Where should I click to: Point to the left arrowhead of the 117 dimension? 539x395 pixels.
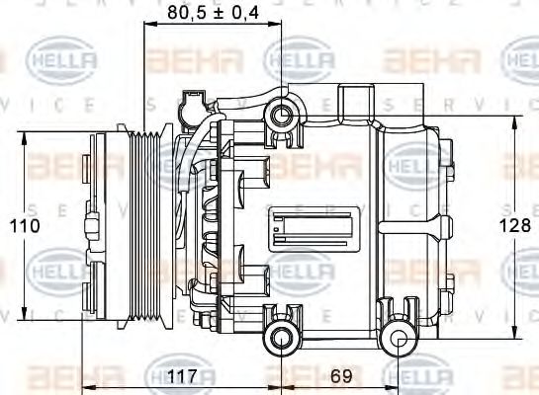86,387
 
